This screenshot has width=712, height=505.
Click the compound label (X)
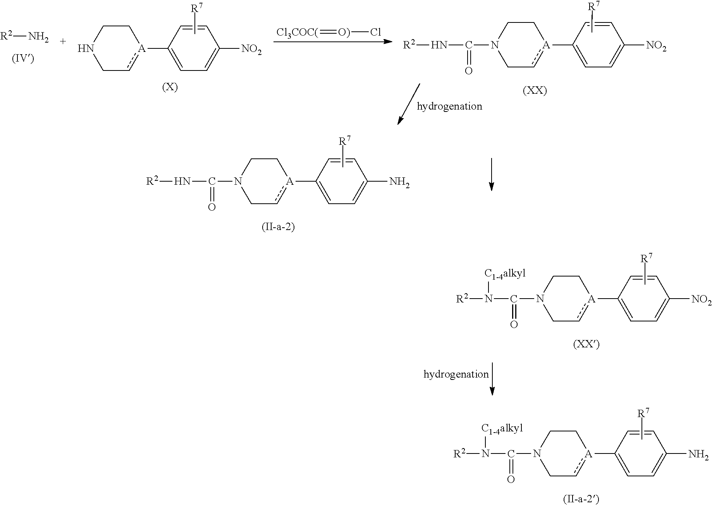(170, 88)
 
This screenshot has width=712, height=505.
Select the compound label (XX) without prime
(535, 91)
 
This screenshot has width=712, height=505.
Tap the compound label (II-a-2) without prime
(279, 227)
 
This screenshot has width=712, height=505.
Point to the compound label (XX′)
(586, 344)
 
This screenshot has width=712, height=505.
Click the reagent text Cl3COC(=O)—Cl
(329, 32)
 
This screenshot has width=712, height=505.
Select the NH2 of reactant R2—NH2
(39, 38)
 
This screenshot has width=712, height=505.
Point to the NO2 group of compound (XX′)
(701, 299)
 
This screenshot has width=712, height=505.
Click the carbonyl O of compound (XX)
(469, 71)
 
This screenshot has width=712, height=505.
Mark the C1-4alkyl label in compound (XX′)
(505, 274)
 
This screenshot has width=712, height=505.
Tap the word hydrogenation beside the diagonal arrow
(449, 106)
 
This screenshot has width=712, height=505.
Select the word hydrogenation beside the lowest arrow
(456, 374)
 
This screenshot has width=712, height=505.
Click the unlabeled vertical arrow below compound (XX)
(491, 174)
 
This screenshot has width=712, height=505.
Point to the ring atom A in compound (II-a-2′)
(587, 453)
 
